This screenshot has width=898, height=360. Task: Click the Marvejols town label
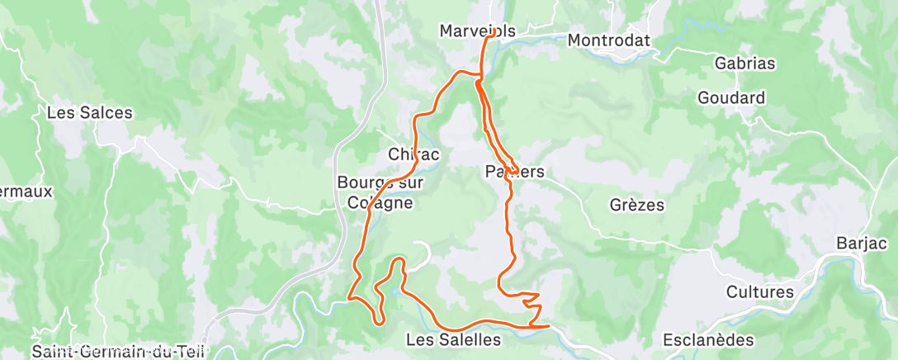[x=477, y=31]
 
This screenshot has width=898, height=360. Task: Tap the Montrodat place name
[x=609, y=40]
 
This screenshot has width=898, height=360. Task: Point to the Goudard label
[x=731, y=97]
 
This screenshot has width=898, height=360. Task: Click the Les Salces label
[x=90, y=112]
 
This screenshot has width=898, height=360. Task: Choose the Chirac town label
[x=414, y=154]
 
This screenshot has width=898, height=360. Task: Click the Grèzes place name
[x=636, y=205]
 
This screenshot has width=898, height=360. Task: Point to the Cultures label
[x=760, y=291]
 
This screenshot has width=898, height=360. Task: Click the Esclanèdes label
[x=709, y=340]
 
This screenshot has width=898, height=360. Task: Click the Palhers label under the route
[x=514, y=172]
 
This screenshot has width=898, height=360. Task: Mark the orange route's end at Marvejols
[x=494, y=36]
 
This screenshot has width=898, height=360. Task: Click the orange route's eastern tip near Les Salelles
[x=548, y=326]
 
